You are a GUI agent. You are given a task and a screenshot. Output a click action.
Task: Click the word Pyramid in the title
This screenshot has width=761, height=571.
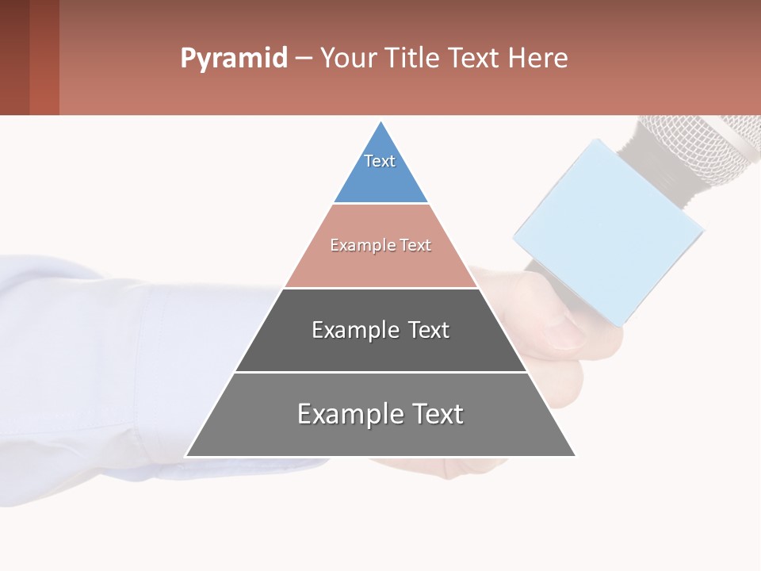coord(233,59)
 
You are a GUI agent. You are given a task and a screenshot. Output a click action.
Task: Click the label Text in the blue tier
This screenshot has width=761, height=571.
coord(380,161)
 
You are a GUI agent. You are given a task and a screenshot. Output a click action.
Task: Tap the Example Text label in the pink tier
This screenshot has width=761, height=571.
coord(380,245)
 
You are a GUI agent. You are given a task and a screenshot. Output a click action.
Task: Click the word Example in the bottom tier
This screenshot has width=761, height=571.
coord(346,414)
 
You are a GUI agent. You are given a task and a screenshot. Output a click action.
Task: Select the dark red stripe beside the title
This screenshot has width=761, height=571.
coord(44,57)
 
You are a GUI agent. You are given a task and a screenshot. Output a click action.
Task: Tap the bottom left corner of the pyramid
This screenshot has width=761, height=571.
coord(187,455)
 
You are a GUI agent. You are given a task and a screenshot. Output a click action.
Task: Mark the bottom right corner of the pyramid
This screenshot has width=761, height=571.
coord(574,455)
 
